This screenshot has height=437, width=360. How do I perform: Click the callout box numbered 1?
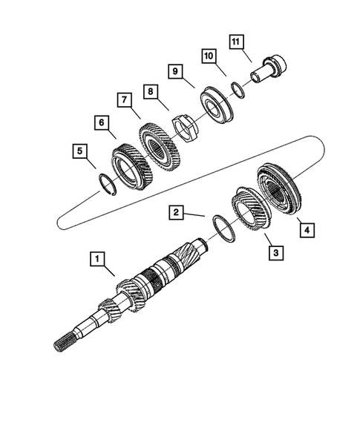coord(96,259)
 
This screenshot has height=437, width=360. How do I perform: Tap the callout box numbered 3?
coord(275,253)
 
